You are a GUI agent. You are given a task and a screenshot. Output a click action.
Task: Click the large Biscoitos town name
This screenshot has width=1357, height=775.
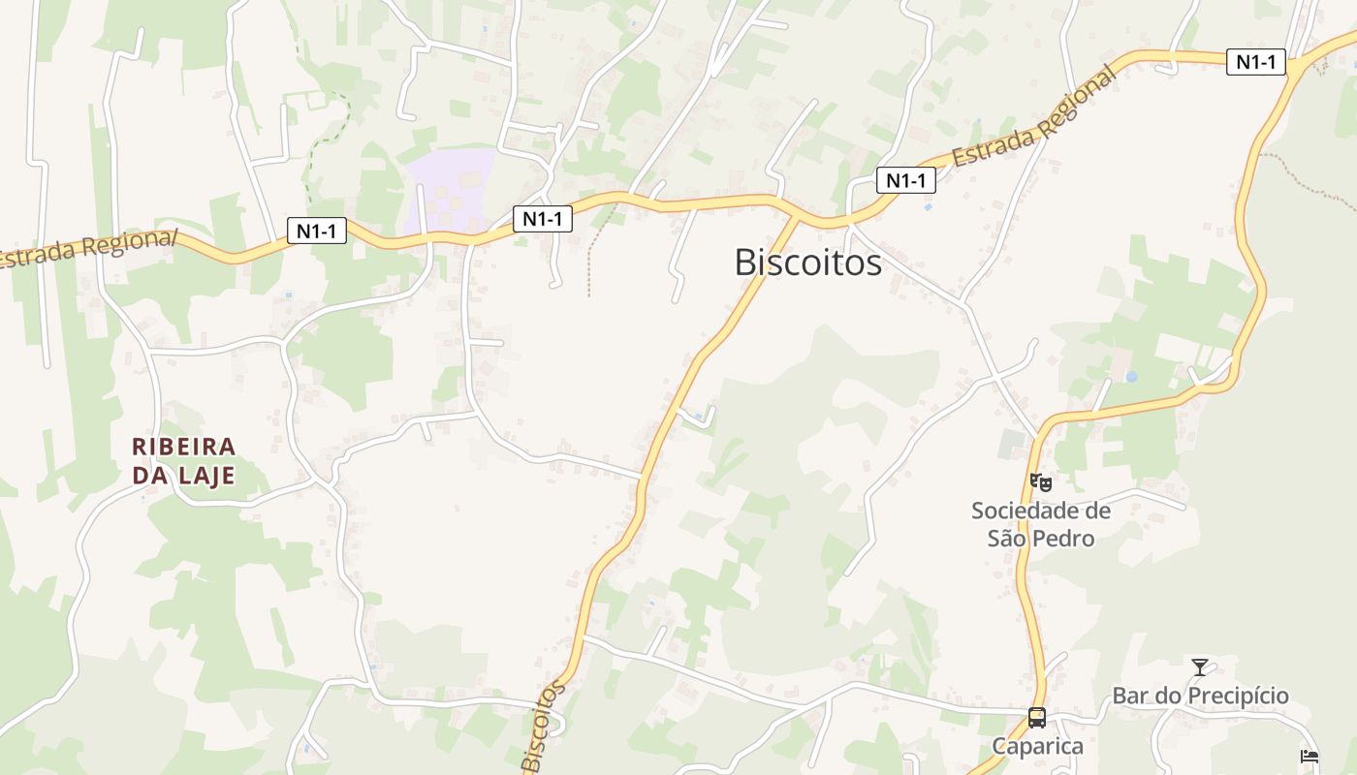point(807,263)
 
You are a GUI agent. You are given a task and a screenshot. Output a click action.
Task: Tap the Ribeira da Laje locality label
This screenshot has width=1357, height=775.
point(184,460)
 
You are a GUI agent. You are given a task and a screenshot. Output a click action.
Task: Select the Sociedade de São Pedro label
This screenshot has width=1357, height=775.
point(1041,524)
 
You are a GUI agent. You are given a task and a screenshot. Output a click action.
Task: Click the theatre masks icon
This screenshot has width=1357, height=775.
point(1041,481)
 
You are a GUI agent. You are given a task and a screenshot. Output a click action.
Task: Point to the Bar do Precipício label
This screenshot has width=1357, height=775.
point(1200,696)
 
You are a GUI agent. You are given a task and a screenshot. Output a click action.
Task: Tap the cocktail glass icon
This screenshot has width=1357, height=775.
point(1200,666)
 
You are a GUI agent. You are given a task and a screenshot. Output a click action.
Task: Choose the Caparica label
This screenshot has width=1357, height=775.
point(1037,746)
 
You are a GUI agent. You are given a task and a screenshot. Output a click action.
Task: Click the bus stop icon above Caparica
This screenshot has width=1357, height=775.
point(1037,718)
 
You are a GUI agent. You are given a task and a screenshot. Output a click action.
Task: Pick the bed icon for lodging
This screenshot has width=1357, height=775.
point(1310,757)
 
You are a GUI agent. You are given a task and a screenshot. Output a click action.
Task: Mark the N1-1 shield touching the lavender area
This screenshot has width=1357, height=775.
point(542,219)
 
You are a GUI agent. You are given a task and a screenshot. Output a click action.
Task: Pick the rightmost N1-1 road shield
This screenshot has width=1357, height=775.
point(1255,62)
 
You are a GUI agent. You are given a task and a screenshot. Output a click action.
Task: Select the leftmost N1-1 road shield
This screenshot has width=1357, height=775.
point(317,231)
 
